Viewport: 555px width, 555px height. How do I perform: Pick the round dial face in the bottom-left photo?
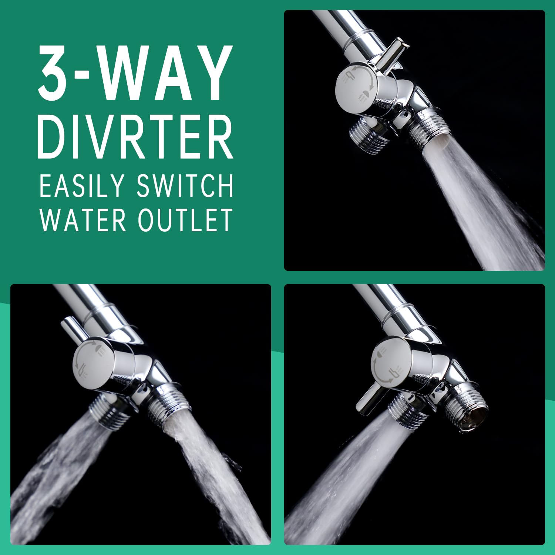tap(94, 364)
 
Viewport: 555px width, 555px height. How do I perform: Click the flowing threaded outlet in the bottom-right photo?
tap(407, 411)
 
